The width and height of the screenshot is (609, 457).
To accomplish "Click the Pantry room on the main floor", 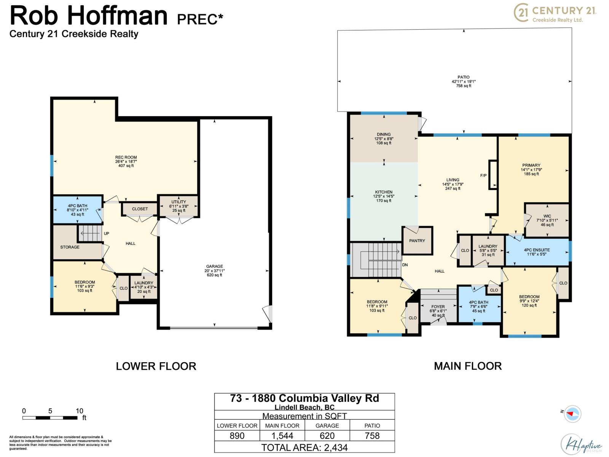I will point(417,241).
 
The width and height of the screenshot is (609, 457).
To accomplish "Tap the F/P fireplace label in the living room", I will point(483,176).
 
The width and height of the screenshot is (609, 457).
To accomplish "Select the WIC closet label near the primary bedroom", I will point(547,216).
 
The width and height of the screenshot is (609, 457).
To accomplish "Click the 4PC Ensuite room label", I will point(537,250).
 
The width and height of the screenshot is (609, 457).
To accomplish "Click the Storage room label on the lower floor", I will point(70,247).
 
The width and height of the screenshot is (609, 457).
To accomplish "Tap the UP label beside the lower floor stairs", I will point(107,233).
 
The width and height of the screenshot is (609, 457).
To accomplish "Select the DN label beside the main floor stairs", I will point(405,265).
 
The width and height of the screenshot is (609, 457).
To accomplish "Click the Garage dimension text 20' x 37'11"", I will point(215,271).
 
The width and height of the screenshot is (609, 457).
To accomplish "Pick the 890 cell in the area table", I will point(237,436).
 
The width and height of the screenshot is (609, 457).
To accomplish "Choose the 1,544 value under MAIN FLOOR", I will point(282,436).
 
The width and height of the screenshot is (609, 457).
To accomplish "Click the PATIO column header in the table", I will point(372,425).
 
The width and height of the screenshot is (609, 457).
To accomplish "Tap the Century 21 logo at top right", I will point(555,13).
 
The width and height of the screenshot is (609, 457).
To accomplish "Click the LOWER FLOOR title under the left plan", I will point(156,366).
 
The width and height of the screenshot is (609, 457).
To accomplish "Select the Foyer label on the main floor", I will point(438,307).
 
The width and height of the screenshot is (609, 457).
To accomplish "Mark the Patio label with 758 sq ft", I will point(464,81).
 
